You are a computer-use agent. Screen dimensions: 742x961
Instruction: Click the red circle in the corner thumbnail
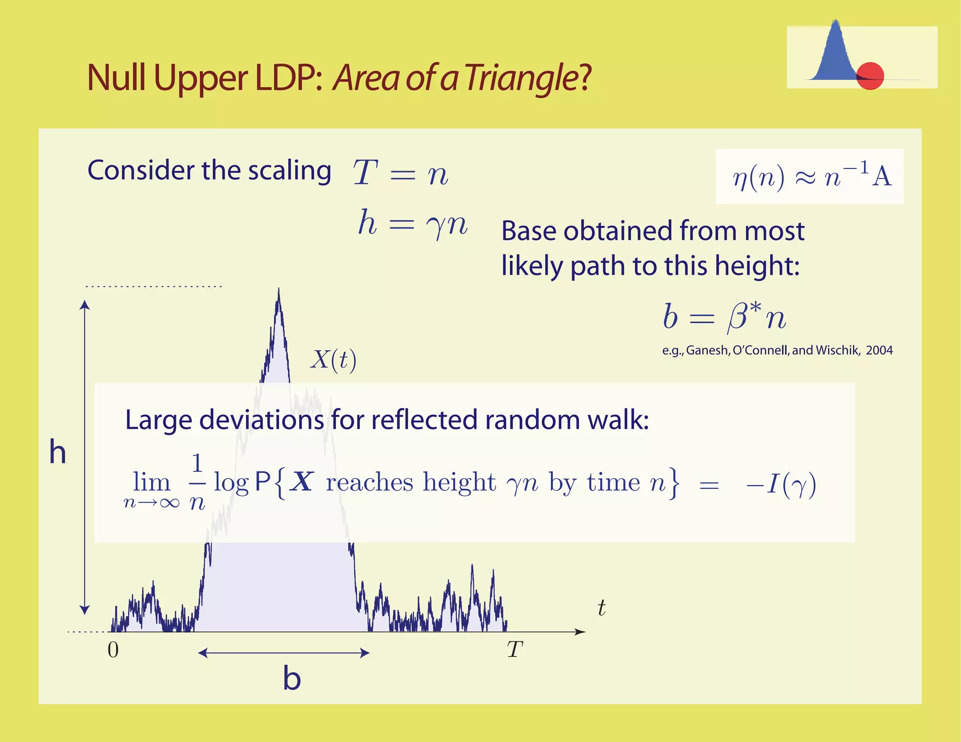click(870, 76)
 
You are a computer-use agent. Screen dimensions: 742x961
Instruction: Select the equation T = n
click(400, 173)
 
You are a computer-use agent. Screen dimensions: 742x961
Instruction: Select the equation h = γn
click(412, 223)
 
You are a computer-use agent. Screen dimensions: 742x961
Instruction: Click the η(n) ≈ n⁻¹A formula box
click(809, 177)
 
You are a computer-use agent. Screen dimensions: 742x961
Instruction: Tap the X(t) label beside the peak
click(333, 360)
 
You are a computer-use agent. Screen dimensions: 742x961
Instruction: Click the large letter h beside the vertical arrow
click(58, 453)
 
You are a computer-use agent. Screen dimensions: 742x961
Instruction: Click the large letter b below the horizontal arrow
click(291, 679)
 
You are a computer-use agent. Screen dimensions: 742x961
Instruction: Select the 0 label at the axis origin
click(113, 650)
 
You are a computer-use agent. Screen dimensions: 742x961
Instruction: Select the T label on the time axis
click(515, 650)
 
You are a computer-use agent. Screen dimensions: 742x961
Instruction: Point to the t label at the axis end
click(602, 608)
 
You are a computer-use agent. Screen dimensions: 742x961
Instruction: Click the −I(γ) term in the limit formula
click(781, 484)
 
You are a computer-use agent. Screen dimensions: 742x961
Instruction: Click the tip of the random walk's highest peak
click(279, 290)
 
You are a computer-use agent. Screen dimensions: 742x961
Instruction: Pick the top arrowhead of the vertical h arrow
click(84, 305)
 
